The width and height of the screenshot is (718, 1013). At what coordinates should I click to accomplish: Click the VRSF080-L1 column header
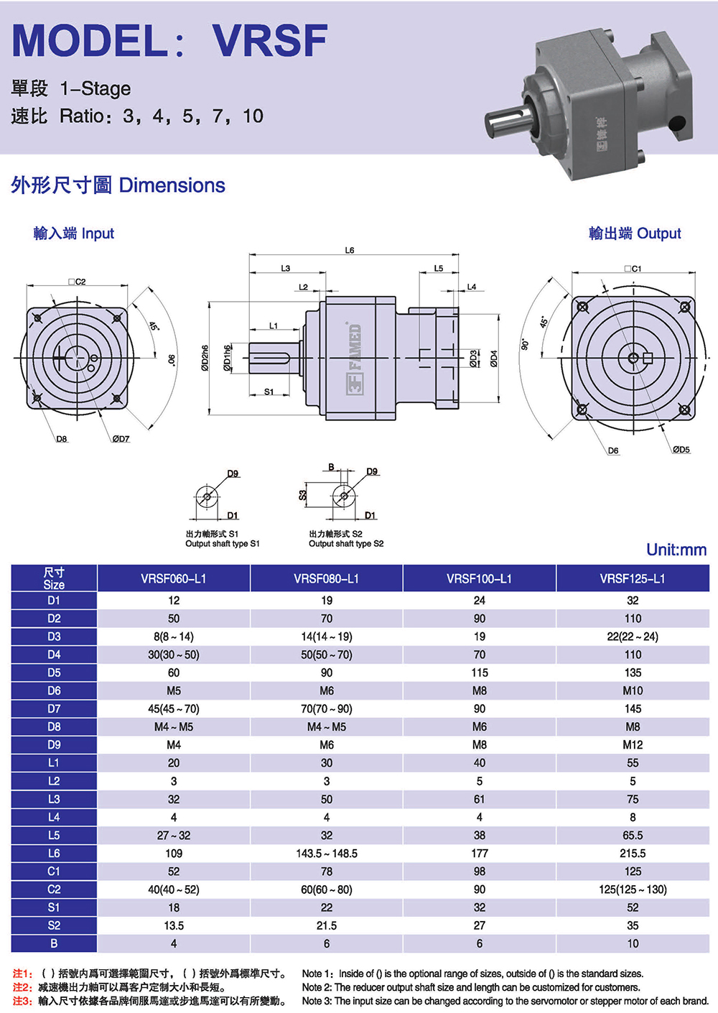point(326,578)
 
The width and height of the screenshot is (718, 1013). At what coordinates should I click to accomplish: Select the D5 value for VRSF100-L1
point(479,672)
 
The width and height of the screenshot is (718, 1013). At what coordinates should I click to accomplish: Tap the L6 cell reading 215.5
point(633,854)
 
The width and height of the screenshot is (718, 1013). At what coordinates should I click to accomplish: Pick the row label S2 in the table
point(54,925)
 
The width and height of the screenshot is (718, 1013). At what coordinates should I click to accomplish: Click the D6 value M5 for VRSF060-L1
point(174,690)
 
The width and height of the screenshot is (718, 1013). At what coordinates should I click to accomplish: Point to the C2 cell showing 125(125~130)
point(633,889)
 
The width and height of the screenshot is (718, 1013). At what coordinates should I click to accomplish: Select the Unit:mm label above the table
point(676,550)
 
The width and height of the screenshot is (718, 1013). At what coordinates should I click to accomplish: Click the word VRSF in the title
point(271,41)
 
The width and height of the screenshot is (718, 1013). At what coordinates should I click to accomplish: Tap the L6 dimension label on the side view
point(350,250)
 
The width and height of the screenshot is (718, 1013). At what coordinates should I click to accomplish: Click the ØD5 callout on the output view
point(681,450)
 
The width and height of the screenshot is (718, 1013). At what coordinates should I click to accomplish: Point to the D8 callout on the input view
point(62,439)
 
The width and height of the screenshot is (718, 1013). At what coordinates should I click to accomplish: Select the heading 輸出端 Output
point(635,233)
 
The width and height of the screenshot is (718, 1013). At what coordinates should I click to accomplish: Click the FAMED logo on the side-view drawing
point(356,358)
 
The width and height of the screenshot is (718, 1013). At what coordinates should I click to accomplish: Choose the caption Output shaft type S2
point(346,544)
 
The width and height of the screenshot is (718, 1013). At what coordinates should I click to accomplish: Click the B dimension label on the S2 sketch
point(331,467)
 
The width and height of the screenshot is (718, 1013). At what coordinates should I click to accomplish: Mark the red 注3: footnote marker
point(22,1001)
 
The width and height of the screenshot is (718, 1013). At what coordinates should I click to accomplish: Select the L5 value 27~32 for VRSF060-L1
point(174,836)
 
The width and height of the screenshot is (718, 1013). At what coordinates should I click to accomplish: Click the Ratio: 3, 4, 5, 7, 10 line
point(162,116)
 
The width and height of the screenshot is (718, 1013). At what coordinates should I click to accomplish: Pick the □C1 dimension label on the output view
point(633,269)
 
